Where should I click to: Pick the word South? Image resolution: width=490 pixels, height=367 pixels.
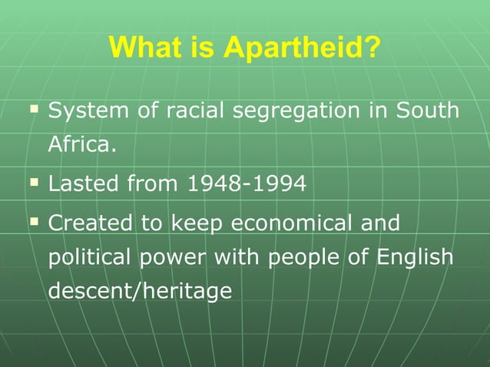(x=428, y=111)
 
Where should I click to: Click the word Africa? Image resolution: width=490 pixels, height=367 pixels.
(x=82, y=144)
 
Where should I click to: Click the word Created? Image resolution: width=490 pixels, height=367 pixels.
(x=91, y=223)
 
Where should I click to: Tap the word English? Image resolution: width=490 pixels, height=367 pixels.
(x=414, y=257)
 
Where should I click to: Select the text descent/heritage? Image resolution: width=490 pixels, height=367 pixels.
(x=140, y=291)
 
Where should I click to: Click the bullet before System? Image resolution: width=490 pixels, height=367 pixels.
(x=34, y=110)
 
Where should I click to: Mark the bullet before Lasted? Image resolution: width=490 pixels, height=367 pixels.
(x=34, y=183)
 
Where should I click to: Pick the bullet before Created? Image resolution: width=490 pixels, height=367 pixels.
(x=34, y=222)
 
